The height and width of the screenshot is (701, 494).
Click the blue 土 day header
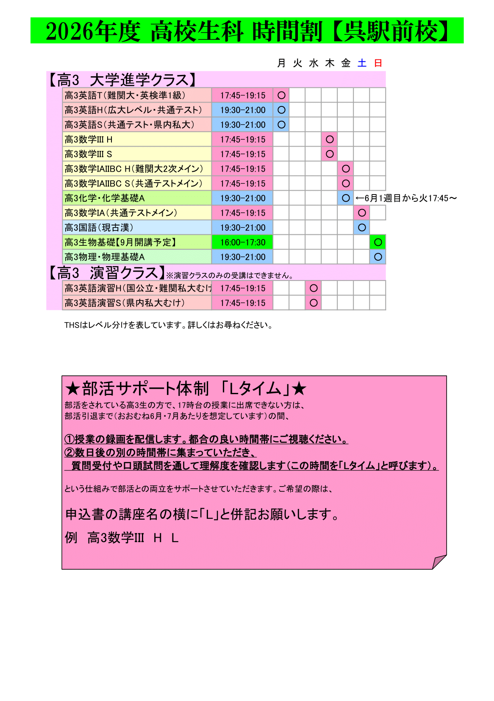coord(362,63)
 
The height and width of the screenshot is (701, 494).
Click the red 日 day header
coord(378,63)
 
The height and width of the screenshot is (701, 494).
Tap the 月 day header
coord(281,63)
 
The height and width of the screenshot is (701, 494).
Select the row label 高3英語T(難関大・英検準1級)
coord(125,95)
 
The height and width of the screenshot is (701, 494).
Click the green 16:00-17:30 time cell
coord(242,242)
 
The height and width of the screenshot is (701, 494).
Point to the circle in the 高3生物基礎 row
coord(378,242)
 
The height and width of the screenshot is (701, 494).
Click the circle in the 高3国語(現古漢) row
coord(362,228)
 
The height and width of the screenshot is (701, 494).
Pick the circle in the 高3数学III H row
coord(330,139)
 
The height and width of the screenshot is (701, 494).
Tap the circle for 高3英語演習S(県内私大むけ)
coord(314,303)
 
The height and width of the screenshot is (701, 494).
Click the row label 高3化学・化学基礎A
coord(105,198)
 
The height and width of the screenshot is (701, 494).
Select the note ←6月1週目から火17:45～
coord(406,198)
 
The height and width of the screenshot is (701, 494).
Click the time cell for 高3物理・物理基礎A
coord(242,257)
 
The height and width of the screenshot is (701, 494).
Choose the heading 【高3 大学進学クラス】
coord(122,80)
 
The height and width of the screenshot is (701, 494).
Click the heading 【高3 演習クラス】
coord(106,273)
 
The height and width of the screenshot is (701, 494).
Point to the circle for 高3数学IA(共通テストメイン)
coord(362,213)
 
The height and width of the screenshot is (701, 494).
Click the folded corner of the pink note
coord(439,562)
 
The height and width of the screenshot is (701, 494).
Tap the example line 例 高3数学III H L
coord(122,538)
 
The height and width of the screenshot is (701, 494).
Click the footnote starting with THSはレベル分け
coord(169,325)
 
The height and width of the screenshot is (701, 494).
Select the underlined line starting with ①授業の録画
coord(206,439)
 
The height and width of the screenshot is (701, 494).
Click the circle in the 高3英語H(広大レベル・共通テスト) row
coord(281,110)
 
